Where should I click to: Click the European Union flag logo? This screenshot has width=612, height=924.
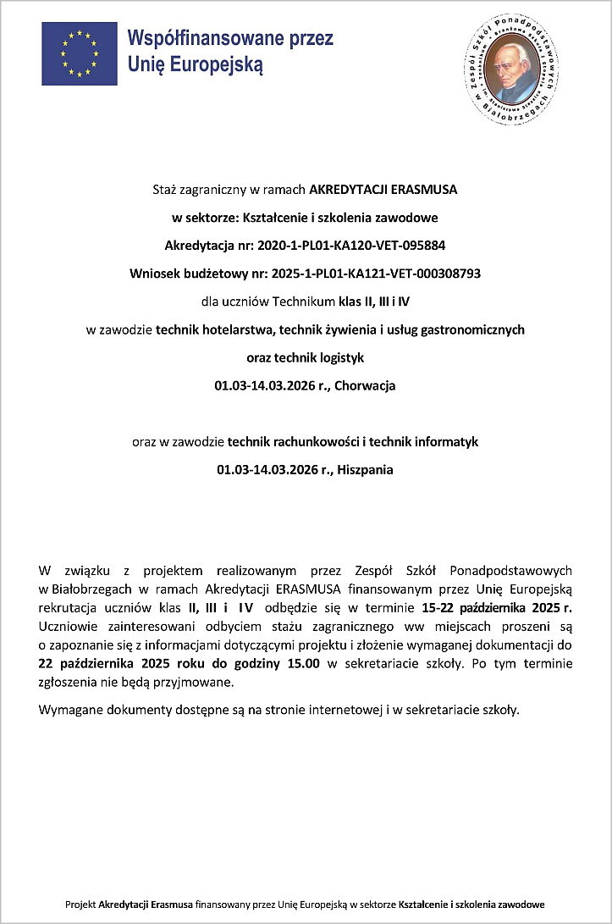point(80,53)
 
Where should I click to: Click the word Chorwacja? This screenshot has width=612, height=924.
point(365,385)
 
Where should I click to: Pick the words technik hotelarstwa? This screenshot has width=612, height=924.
point(210,329)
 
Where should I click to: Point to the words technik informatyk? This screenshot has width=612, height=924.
point(433,441)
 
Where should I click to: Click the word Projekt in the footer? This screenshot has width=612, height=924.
point(80,905)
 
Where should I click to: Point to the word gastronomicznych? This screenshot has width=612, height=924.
point(472,329)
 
